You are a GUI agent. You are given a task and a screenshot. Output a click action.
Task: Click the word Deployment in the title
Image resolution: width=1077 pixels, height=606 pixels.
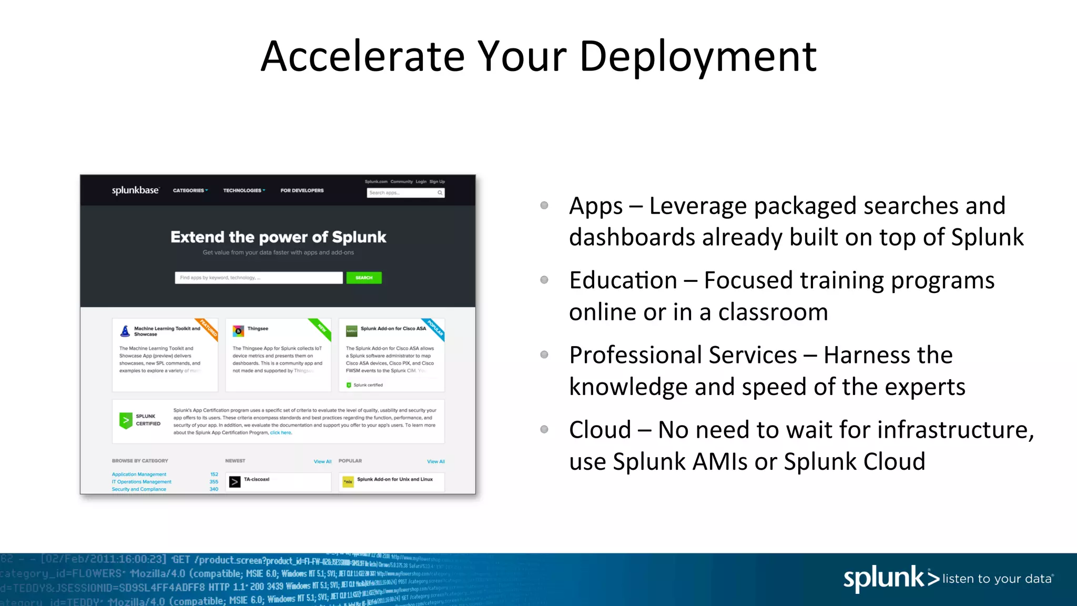[x=697, y=57]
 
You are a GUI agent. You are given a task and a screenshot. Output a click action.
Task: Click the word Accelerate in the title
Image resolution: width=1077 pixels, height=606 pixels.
[x=363, y=57]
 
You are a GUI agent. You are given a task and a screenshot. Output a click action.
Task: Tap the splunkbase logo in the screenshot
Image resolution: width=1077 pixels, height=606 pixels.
[x=135, y=190]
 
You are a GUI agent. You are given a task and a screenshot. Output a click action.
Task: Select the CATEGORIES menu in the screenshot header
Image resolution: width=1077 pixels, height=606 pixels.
[x=190, y=190]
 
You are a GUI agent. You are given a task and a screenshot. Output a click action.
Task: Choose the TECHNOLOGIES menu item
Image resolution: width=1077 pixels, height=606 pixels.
[x=243, y=190]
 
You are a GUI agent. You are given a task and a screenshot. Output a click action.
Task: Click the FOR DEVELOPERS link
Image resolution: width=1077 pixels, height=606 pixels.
[x=302, y=190]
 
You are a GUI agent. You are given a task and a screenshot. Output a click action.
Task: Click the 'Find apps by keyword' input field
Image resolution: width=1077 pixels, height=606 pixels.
[x=258, y=278]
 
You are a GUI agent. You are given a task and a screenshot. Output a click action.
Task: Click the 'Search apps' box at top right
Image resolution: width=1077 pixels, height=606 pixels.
[x=402, y=193]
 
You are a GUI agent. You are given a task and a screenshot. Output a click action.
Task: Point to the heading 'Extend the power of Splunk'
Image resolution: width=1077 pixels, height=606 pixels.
[x=278, y=237]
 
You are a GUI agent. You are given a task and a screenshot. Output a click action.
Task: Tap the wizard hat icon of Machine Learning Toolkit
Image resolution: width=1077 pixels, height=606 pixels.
[x=125, y=331]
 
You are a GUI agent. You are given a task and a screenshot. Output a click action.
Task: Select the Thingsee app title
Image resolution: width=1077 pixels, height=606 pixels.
[x=258, y=329]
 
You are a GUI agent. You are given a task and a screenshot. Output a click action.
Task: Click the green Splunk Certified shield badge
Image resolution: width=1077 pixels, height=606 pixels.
[x=126, y=420]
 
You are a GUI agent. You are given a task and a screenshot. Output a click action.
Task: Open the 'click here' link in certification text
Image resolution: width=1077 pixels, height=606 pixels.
[x=280, y=433]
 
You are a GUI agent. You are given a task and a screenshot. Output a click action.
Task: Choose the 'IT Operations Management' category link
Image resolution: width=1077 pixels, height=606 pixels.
[x=141, y=482]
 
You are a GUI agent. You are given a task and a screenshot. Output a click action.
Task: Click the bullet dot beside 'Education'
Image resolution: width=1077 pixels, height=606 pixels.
[x=544, y=280]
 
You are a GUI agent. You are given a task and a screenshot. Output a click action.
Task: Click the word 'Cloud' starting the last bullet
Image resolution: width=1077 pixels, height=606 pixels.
[x=600, y=430]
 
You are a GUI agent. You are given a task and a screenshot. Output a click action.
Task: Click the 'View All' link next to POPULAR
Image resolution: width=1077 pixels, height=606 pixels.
[x=435, y=461]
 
